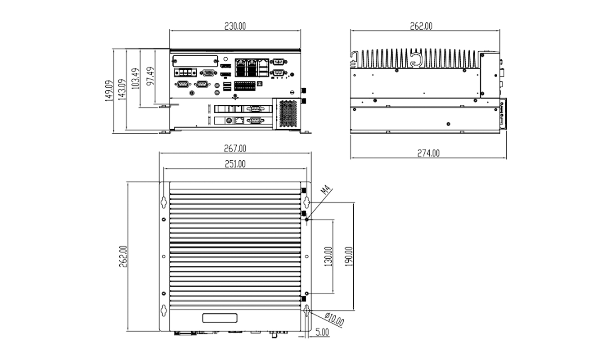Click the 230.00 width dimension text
pos(235,26)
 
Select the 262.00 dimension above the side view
pos(421,26)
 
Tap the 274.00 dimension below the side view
pos(428,153)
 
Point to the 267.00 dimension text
pos(235,148)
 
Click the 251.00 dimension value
pos(235,164)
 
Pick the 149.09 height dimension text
pos(108,91)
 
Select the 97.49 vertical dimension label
pos(150,76)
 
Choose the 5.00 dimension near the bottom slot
pos(322,333)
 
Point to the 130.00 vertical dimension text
pos(328,256)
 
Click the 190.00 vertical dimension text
pos(349,256)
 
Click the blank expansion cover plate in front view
pos(195,61)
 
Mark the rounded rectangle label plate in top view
pos(220,318)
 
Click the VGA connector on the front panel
pos(207,72)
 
